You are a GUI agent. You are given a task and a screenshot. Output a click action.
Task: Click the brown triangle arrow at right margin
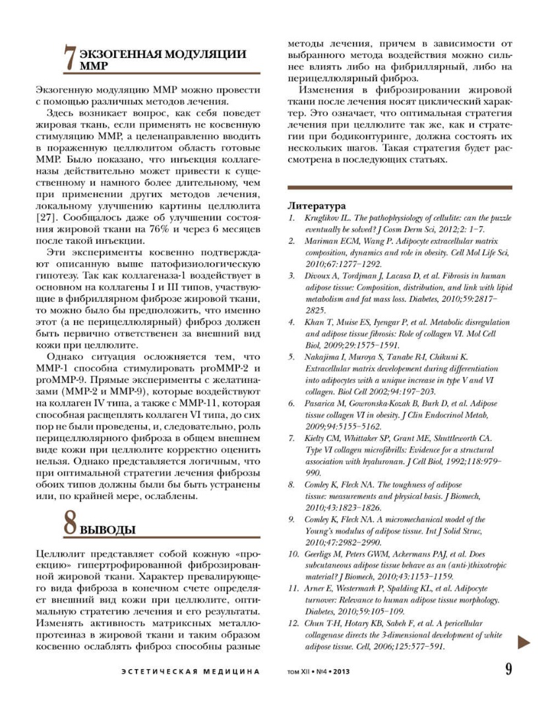[524, 641]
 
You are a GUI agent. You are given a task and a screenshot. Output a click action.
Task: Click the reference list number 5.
[291, 357]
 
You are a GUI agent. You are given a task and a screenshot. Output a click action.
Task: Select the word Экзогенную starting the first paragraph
[61, 89]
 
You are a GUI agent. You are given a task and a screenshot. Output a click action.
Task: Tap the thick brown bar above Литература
[399, 187]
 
